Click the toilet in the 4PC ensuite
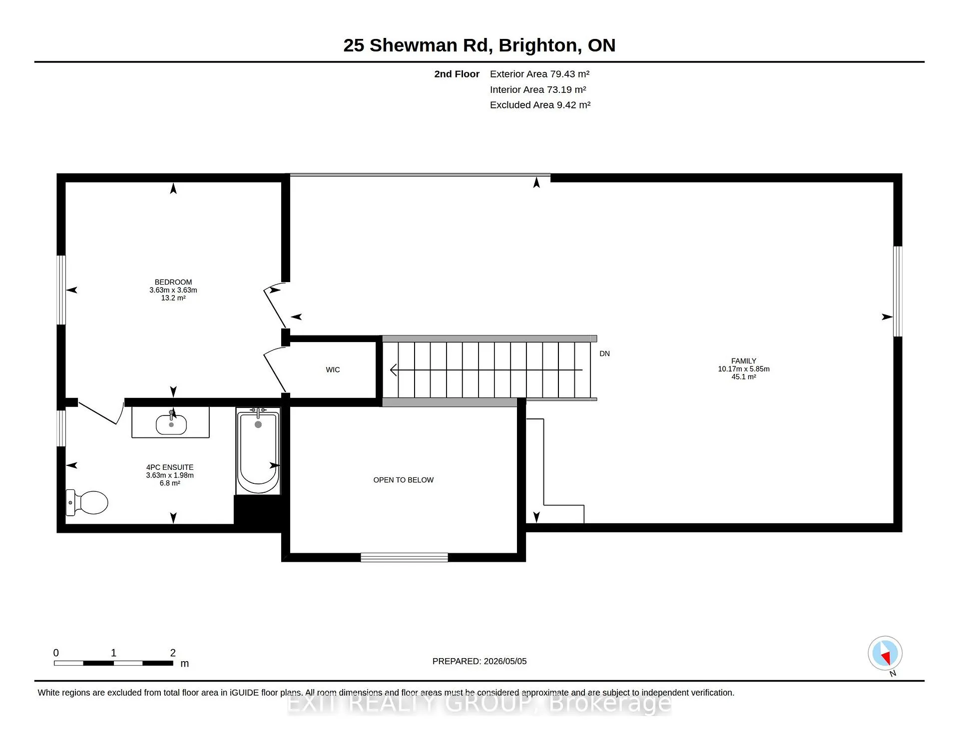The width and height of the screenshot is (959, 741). coord(87,502)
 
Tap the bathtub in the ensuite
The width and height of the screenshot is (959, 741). coord(258,451)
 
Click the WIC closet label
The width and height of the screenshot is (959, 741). coord(333,370)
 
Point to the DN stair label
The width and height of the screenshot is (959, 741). coord(604,354)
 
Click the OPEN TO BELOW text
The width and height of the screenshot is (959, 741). coord(404,480)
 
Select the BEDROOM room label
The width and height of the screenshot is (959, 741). coord(173,282)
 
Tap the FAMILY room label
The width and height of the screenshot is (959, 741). coord(744,361)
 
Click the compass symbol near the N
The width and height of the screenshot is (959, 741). coord(885,653)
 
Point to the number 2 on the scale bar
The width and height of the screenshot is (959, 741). coord(173,653)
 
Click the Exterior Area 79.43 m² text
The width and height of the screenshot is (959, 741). coord(539,74)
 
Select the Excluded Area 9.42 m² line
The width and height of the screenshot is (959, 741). coord(540,105)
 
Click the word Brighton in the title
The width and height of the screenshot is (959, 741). coord(540,45)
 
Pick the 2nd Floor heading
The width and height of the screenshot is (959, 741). coord(457,74)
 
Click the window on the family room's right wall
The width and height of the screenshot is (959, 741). coord(898,292)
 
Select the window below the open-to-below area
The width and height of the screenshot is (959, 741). coord(404,557)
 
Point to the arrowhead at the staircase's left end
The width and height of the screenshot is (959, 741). coord(393,370)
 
